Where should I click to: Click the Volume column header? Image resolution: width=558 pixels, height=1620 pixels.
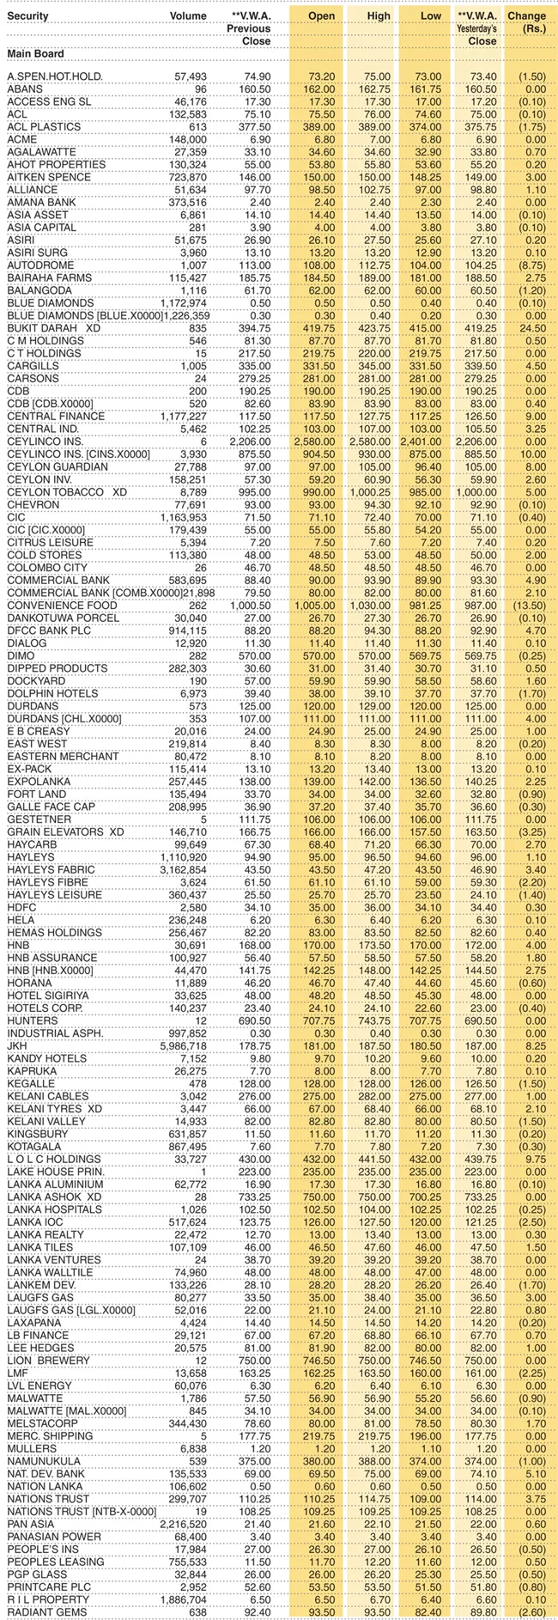188,15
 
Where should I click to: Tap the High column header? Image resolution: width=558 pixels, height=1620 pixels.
378,15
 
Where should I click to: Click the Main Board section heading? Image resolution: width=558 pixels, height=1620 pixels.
36,54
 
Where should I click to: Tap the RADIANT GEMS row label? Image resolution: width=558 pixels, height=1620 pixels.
43,1612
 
